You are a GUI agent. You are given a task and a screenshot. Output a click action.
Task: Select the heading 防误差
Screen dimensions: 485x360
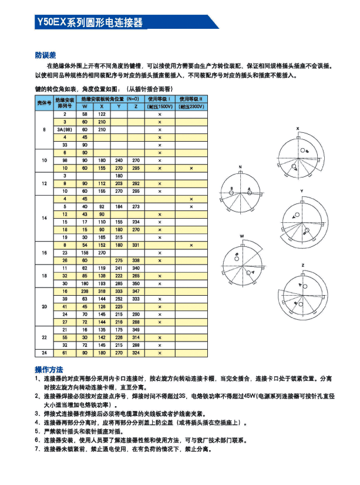pyautogui.click(x=45, y=55)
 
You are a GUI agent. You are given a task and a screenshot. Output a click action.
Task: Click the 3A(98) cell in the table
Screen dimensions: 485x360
pyautogui.click(x=65, y=129)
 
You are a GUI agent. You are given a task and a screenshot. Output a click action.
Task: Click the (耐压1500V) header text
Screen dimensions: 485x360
pyautogui.click(x=160, y=106)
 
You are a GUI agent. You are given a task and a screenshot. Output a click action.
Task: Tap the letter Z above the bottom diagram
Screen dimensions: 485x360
pyautogui.click(x=302, y=265)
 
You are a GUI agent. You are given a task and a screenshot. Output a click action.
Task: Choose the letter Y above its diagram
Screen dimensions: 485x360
pyautogui.click(x=302, y=192)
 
